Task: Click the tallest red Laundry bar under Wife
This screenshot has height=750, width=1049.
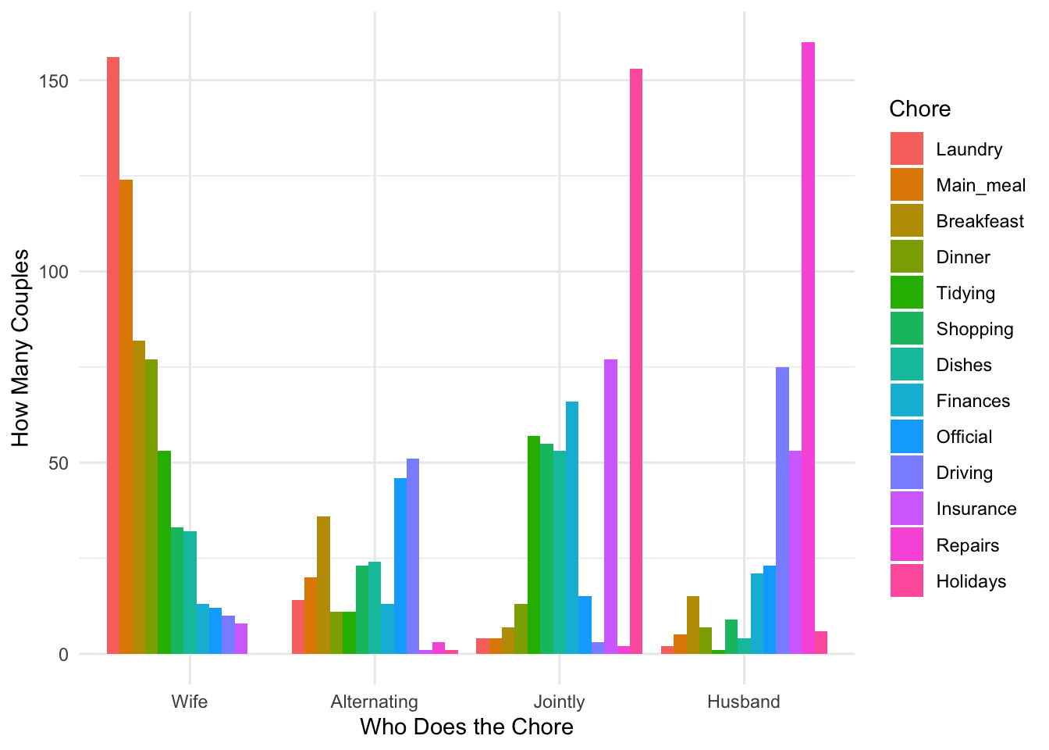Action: (113, 355)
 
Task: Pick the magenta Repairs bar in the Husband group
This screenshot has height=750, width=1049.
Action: (808, 348)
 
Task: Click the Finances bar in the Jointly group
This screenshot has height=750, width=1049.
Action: (572, 527)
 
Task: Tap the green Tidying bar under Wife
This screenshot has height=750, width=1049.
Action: (164, 552)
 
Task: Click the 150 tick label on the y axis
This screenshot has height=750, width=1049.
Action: (53, 81)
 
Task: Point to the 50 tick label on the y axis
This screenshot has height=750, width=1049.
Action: (59, 463)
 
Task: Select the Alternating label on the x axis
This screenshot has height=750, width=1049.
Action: (374, 702)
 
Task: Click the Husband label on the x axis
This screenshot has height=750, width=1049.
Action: (743, 702)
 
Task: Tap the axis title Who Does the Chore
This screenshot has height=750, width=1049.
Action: (466, 727)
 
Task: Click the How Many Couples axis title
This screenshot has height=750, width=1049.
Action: (21, 348)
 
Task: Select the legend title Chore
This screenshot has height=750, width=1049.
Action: (919, 109)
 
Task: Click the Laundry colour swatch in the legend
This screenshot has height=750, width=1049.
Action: (906, 149)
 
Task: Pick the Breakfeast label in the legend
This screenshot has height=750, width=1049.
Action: (980, 221)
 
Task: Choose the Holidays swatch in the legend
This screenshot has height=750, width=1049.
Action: (906, 581)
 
